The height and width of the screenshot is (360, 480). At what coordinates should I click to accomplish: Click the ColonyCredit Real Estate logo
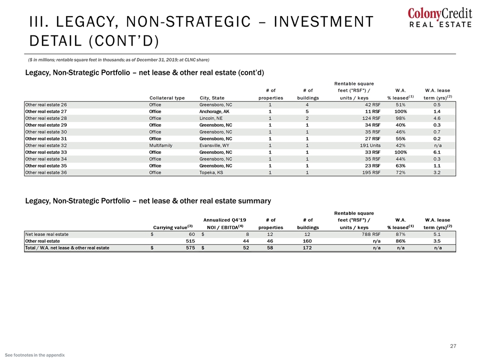click(439, 18)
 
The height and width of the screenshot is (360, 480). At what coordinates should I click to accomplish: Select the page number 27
click(453, 346)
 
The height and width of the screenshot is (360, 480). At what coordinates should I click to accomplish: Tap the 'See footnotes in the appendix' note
click(35, 355)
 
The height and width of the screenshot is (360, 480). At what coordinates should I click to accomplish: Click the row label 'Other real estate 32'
click(46, 145)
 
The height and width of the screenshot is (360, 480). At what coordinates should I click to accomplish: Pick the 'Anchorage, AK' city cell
click(214, 111)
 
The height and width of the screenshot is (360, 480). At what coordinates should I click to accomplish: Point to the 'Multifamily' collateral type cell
click(160, 145)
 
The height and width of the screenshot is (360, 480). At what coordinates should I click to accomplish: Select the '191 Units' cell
click(370, 145)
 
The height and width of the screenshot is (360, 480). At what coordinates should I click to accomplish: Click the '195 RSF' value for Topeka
click(371, 172)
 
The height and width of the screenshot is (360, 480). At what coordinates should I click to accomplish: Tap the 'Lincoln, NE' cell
click(211, 118)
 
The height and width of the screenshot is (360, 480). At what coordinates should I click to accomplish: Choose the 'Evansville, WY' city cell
click(214, 145)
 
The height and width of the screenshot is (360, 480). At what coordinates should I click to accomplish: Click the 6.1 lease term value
click(437, 152)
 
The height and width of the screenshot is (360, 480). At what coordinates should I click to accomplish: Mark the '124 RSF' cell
click(371, 118)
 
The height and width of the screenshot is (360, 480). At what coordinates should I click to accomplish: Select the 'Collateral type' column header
click(167, 98)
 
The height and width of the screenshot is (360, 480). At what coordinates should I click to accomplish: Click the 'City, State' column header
click(212, 98)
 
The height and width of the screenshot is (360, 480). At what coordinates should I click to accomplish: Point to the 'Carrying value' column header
click(173, 227)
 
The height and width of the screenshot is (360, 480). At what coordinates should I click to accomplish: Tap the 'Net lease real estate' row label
click(47, 234)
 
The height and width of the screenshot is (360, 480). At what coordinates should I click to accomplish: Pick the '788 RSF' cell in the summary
click(371, 234)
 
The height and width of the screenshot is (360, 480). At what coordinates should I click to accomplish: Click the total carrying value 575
click(190, 248)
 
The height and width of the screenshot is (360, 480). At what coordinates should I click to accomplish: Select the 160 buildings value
click(307, 241)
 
